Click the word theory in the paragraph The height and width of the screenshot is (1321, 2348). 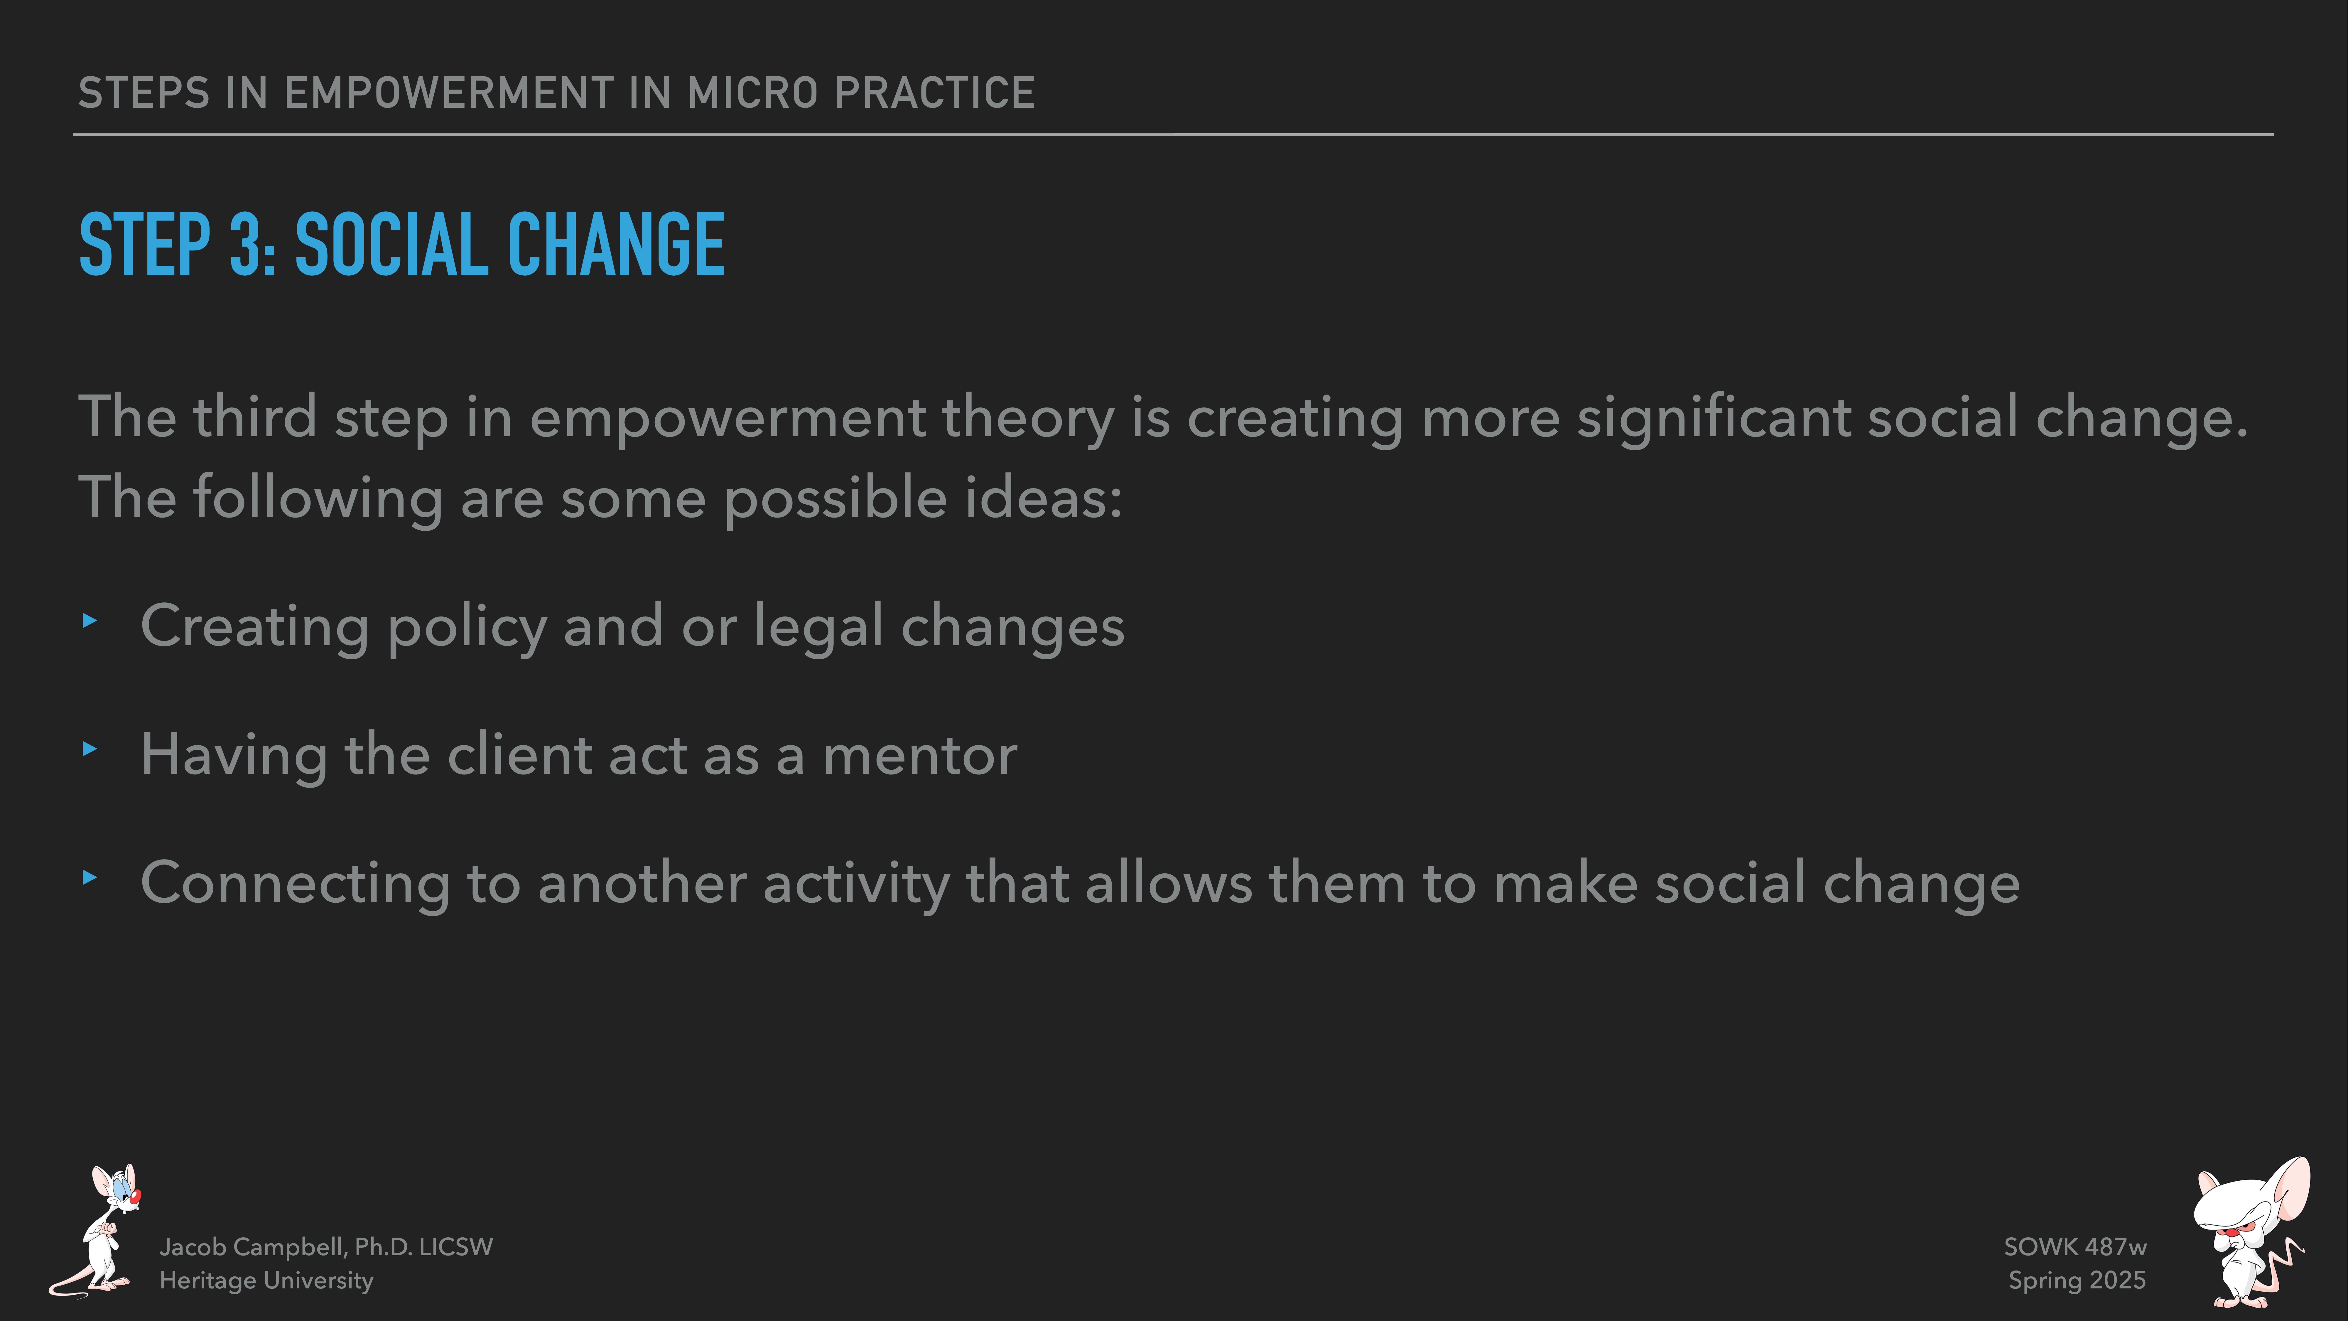tap(1027, 419)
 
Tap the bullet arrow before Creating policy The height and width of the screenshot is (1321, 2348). tap(89, 621)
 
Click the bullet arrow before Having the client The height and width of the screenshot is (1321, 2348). tap(89, 749)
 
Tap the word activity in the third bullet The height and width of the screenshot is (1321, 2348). tap(856, 884)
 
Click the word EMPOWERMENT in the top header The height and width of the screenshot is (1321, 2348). tap(448, 93)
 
